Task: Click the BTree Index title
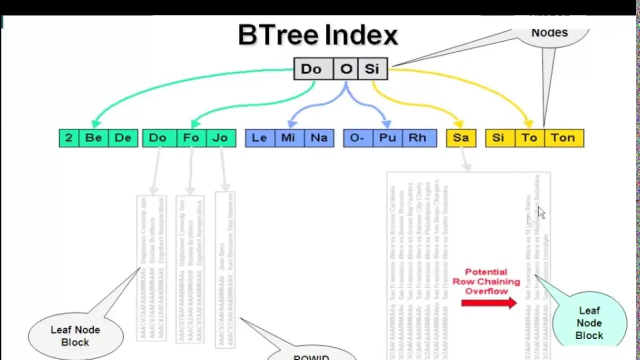click(x=318, y=35)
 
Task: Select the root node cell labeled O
click(x=346, y=69)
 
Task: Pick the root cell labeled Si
click(x=372, y=69)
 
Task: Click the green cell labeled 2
click(x=69, y=138)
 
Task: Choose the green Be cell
click(x=93, y=138)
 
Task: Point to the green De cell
click(x=123, y=138)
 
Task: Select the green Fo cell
click(x=191, y=138)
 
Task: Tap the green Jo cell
click(x=220, y=138)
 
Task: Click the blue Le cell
click(x=259, y=138)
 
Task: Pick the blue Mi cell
click(x=288, y=138)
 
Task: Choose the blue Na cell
click(x=319, y=138)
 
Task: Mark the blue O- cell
click(x=357, y=138)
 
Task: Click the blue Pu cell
click(x=387, y=138)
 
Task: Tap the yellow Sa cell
click(x=461, y=138)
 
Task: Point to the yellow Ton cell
click(x=563, y=138)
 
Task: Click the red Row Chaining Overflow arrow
click(x=488, y=302)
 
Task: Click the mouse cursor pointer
click(x=541, y=212)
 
